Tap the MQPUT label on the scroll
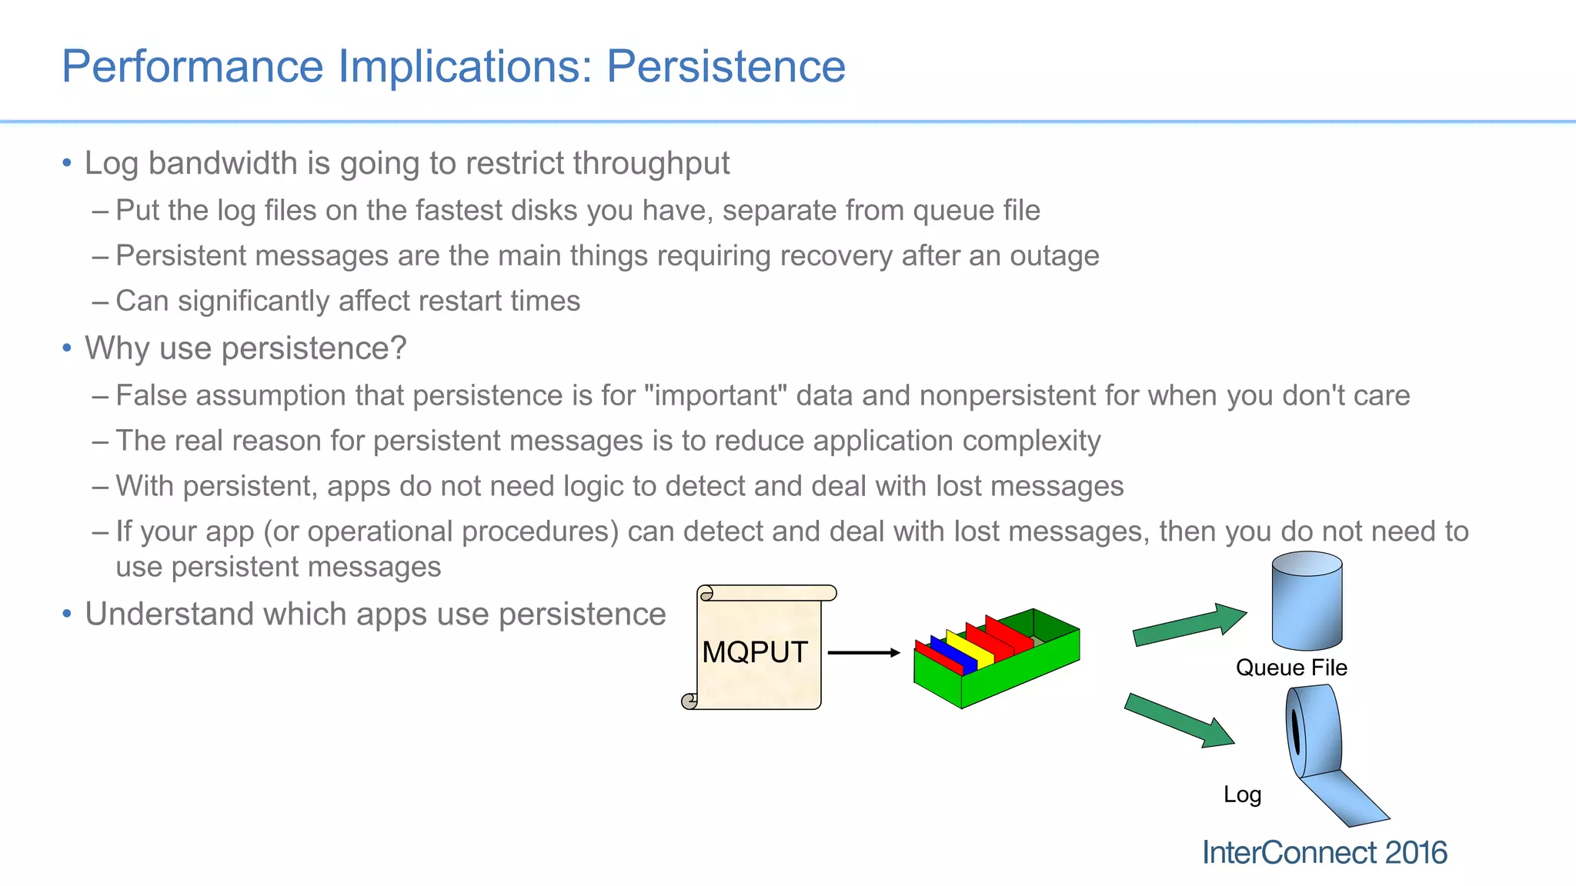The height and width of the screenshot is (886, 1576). pos(754,652)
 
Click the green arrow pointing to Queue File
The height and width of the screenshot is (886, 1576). pos(1189,625)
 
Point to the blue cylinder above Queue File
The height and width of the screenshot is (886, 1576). pos(1307,601)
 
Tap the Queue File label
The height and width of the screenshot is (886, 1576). pos(1291,668)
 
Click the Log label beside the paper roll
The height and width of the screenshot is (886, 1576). pos(1242,794)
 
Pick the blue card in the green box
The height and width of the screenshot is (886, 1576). pos(953,655)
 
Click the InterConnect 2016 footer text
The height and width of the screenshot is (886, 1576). pos(1324,853)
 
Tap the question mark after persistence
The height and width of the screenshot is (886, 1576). pos(398,348)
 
